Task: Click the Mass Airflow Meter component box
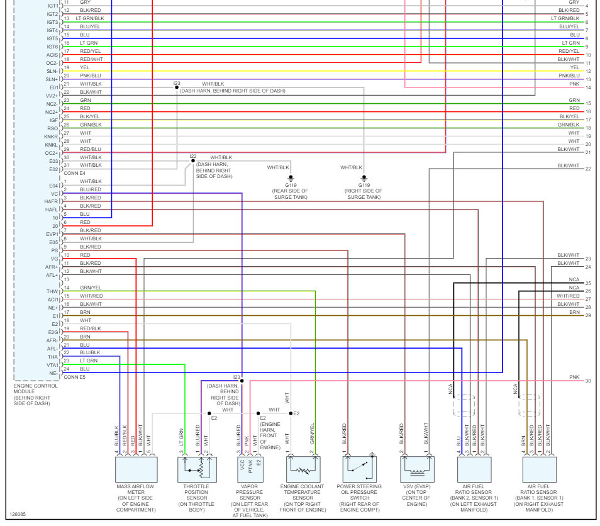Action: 136,469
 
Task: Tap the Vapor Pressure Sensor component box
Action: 249,469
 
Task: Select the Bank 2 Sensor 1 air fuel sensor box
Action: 474,469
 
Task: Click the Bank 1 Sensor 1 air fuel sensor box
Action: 539,469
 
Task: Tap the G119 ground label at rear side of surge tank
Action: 291,185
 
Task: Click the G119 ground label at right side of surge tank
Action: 364,185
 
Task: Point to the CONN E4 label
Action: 74,173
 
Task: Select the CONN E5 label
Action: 74,377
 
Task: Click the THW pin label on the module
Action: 52,291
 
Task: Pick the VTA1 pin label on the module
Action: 52,365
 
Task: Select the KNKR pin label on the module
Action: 51,137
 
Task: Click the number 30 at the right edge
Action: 588,381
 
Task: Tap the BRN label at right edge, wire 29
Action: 574,312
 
